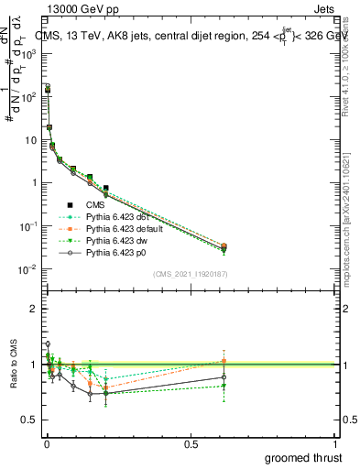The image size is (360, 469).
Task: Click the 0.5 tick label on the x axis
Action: (x=191, y=444)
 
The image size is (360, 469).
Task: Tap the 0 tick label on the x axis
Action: (x=46, y=444)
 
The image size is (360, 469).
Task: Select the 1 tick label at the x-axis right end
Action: (x=335, y=444)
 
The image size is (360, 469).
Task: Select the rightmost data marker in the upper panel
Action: (x=224, y=246)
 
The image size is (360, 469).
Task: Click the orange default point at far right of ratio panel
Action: (x=224, y=361)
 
